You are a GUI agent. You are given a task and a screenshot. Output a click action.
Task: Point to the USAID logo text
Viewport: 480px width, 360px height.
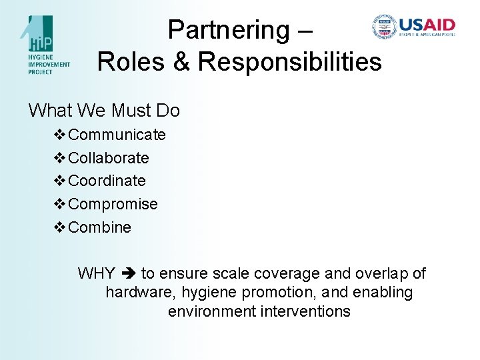click(427, 27)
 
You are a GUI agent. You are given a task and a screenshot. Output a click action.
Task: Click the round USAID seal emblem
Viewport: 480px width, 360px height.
click(384, 27)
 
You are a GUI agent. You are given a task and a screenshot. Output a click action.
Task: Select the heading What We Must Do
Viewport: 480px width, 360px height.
click(104, 110)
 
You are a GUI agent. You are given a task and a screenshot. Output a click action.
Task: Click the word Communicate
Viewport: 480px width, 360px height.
click(117, 135)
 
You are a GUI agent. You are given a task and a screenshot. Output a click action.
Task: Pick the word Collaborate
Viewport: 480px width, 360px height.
click(109, 158)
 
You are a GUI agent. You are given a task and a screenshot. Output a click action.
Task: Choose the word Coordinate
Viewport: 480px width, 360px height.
click(107, 181)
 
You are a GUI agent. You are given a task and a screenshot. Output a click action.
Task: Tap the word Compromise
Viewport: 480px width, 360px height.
click(113, 204)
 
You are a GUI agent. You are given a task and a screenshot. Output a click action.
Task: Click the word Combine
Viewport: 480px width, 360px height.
click(99, 227)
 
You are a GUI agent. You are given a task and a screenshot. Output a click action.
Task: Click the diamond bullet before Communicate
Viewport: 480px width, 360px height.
click(59, 135)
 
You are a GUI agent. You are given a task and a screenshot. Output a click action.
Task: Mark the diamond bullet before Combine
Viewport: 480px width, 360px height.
click(59, 227)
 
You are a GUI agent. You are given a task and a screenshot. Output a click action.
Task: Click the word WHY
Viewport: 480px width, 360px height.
click(96, 273)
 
